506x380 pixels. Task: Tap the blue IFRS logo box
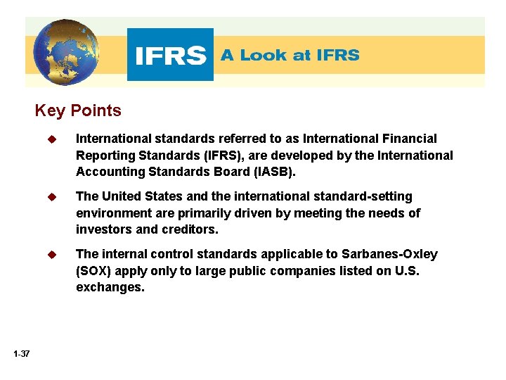[x=170, y=55]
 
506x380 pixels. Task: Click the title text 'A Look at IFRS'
[x=290, y=55]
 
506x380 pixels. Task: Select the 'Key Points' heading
[x=78, y=111]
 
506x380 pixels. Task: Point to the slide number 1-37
[x=21, y=353]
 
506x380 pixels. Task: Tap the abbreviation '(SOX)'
[x=94, y=270]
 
